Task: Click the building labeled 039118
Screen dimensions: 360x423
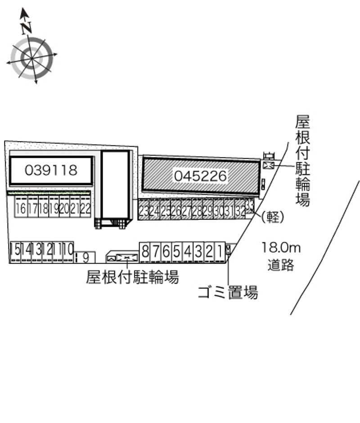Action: click(51, 170)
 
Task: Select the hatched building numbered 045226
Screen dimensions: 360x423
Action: click(200, 176)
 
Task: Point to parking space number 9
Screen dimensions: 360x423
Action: click(85, 258)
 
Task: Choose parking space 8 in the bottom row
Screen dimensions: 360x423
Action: click(145, 252)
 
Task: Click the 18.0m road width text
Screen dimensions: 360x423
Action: click(281, 247)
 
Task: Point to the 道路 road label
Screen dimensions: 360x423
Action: click(281, 265)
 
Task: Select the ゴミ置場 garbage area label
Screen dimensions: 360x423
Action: click(228, 293)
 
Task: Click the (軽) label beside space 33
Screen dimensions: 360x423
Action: click(273, 217)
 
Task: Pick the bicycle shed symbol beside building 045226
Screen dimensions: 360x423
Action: click(269, 165)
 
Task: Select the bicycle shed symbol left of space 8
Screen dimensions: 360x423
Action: click(126, 257)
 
